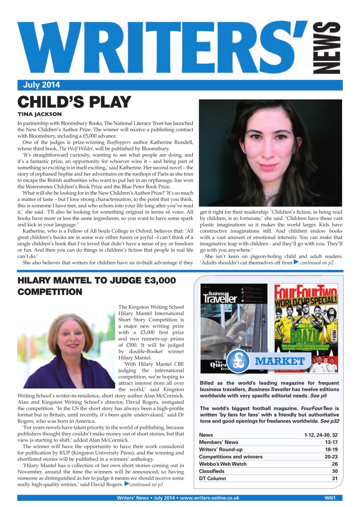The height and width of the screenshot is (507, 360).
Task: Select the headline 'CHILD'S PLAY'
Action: (x=74, y=103)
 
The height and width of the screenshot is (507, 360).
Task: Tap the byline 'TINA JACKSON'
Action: (x=40, y=114)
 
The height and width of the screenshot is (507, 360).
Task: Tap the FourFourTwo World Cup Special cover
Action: (x=306, y=328)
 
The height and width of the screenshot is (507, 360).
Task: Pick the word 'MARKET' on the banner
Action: (x=280, y=361)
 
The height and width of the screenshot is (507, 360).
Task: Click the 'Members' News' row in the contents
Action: (x=219, y=442)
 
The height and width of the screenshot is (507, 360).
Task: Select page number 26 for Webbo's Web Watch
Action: (x=335, y=464)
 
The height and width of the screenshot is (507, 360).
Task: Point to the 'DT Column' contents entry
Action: (x=213, y=478)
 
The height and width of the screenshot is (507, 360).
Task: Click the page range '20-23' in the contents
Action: (x=331, y=457)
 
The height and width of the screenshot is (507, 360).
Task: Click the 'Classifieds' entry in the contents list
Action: (x=212, y=471)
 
